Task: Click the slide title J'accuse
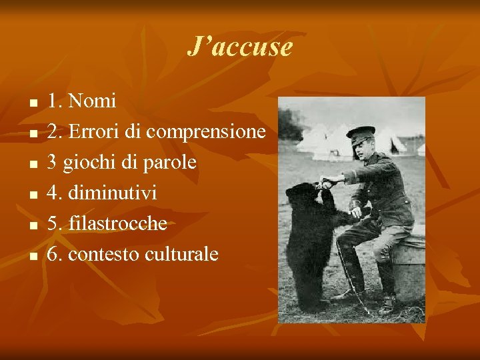pyautogui.click(x=239, y=47)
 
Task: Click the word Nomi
pyautogui.click(x=92, y=101)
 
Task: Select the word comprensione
pyautogui.click(x=206, y=132)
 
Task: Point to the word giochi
pyautogui.click(x=88, y=163)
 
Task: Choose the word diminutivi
pyautogui.click(x=113, y=193)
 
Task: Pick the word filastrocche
pyautogui.click(x=117, y=223)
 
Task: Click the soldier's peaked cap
pyautogui.click(x=361, y=132)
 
